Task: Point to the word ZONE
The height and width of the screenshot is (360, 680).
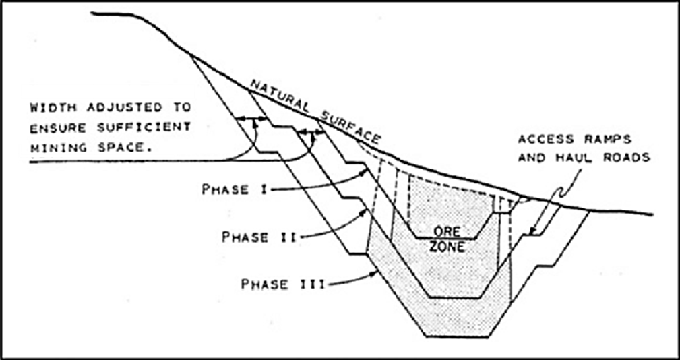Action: (447, 247)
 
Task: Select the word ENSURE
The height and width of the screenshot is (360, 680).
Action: (57, 126)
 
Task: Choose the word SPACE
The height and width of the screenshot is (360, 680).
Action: (121, 145)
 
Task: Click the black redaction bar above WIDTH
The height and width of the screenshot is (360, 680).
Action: (108, 92)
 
